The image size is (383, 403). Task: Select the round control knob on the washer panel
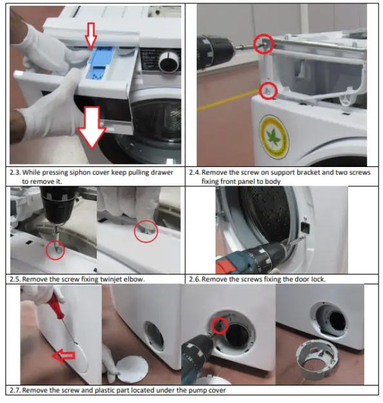pyautogui.click(x=169, y=63)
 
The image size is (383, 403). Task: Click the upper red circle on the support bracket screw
pyautogui.click(x=264, y=43)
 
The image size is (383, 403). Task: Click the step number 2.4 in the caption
pyautogui.click(x=196, y=173)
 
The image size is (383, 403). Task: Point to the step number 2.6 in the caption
pyautogui.click(x=195, y=279)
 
